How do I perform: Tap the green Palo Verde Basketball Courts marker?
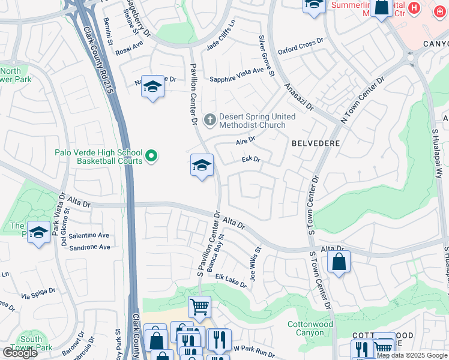point(151,157)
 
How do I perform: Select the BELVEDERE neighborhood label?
point(316,144)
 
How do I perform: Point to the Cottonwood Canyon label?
point(310,328)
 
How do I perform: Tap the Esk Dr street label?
point(250,160)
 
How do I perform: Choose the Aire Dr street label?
point(246,140)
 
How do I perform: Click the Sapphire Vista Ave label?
point(237,71)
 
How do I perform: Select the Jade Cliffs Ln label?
point(221,37)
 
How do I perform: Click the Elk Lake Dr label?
point(231,281)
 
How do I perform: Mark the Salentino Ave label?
point(89,236)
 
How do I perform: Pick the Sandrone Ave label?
point(89,247)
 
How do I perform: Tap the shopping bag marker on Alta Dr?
point(339,262)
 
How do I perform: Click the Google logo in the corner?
point(19,353)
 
